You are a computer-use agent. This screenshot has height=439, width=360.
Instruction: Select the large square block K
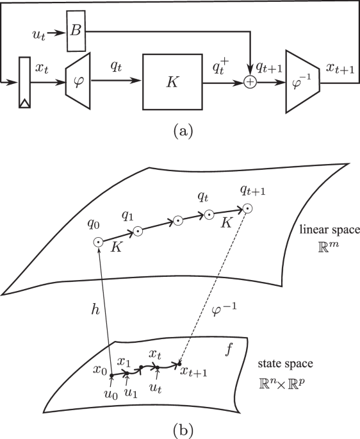(x=172, y=82)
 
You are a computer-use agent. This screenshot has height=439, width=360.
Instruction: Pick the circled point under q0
(x=98, y=242)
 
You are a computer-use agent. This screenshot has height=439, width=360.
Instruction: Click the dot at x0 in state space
(x=111, y=375)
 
